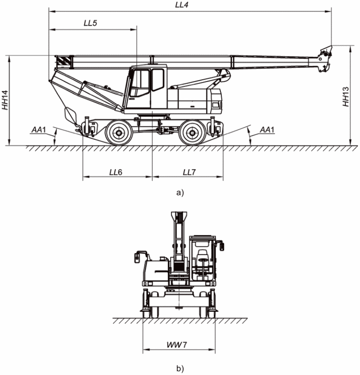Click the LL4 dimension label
[x=182, y=5]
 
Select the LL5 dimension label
[x=90, y=23]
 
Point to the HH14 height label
[x=5, y=100]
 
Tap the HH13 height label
[x=346, y=97]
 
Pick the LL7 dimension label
[x=189, y=172]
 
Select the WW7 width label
[x=177, y=344]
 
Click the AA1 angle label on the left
[x=39, y=130]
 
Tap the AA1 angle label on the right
[x=267, y=130]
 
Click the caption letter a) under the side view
[x=180, y=193]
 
